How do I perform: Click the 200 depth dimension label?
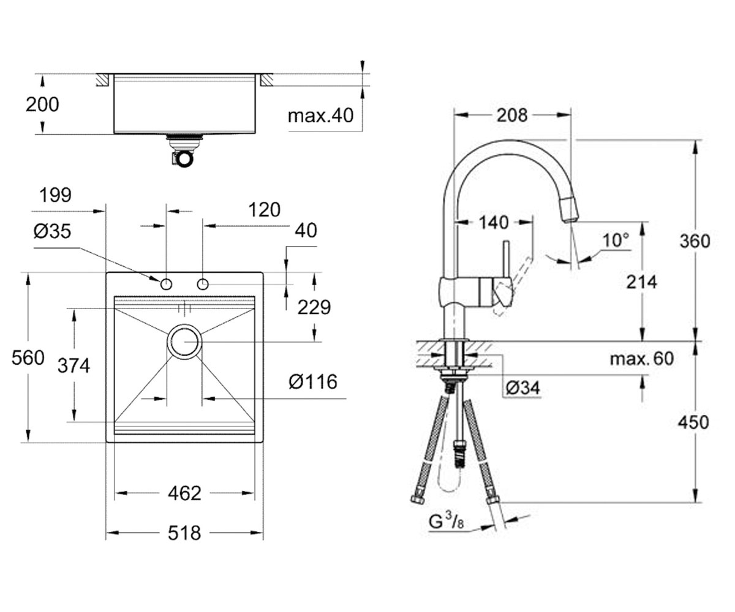coord(42,105)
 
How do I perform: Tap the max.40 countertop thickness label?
coord(320,116)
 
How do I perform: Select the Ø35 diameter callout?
coord(52,231)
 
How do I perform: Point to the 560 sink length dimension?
coord(28,357)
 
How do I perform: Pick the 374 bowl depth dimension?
coord(73,365)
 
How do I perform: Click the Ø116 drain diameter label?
coord(312,382)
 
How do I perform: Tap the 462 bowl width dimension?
coord(184,493)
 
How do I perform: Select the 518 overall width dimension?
coord(184,533)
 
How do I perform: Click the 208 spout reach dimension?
coord(512,115)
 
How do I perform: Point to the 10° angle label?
coord(616,241)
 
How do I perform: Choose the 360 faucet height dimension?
coord(695,241)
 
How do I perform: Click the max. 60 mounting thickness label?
coord(642,359)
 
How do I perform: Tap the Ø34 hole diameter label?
coord(522,387)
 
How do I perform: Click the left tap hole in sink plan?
coord(166,284)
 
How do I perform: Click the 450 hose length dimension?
coord(693,422)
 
